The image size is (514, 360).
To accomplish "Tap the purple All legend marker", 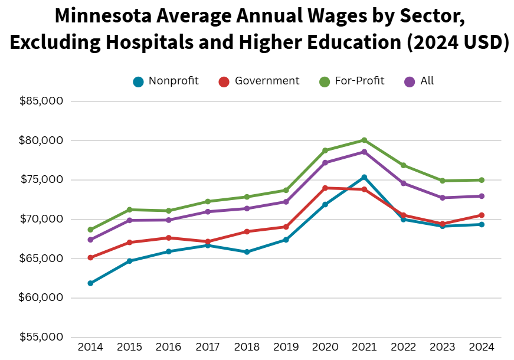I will click(410, 81).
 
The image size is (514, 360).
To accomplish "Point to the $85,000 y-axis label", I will click(41, 102).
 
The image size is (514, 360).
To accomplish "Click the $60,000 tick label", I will click(41, 298).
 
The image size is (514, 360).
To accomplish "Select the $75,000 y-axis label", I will click(41, 180).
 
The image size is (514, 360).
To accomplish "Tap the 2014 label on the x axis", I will click(90, 347).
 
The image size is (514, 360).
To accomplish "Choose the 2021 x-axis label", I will click(364, 347).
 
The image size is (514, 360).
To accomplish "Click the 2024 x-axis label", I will click(482, 347).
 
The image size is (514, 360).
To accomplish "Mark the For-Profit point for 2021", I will click(364, 140).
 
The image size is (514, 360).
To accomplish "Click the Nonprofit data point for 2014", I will click(90, 283).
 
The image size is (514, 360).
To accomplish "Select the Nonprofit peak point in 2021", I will click(364, 177).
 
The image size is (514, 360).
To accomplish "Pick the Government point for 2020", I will click(325, 188).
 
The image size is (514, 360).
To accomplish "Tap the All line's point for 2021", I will click(364, 152).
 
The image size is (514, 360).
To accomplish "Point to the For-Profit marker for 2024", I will click(482, 180).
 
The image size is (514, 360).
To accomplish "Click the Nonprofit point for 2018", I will click(247, 252).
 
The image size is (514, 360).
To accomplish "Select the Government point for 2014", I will click(90, 258).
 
